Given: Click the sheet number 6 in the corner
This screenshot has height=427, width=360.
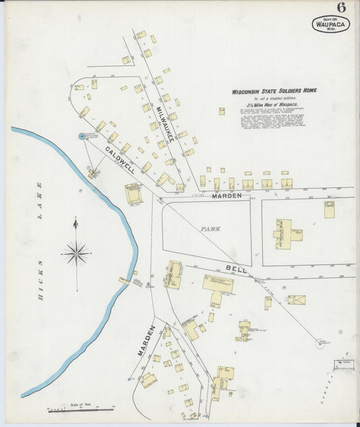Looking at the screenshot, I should [342, 8].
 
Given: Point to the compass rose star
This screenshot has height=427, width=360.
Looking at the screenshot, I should [76, 254].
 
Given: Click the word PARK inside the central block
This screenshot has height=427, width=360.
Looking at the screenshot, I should [210, 229].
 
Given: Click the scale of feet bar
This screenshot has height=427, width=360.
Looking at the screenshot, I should [80, 409].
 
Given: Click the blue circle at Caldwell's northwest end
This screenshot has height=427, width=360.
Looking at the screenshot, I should [82, 136].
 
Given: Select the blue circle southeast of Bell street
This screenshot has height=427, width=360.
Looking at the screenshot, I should [319, 343].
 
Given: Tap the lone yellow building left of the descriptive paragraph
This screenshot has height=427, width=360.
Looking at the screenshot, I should [221, 111].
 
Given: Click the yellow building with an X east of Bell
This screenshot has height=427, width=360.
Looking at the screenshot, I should [295, 299].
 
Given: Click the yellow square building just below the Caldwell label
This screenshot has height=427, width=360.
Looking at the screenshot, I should [134, 194].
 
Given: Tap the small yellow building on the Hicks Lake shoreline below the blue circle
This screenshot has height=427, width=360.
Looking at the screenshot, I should [93, 174].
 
